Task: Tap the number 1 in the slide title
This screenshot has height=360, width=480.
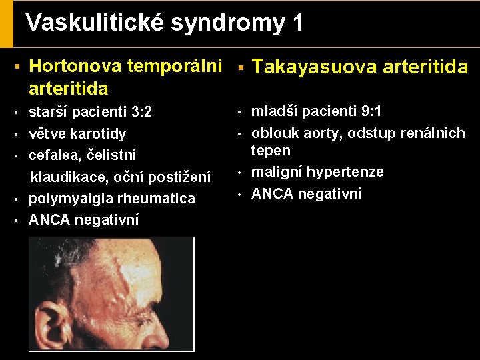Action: [x=297, y=23]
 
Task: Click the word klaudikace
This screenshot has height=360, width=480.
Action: [x=65, y=177]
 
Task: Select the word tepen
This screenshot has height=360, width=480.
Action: [x=271, y=150]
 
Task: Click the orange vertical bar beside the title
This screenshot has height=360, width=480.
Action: [x=7, y=23]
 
